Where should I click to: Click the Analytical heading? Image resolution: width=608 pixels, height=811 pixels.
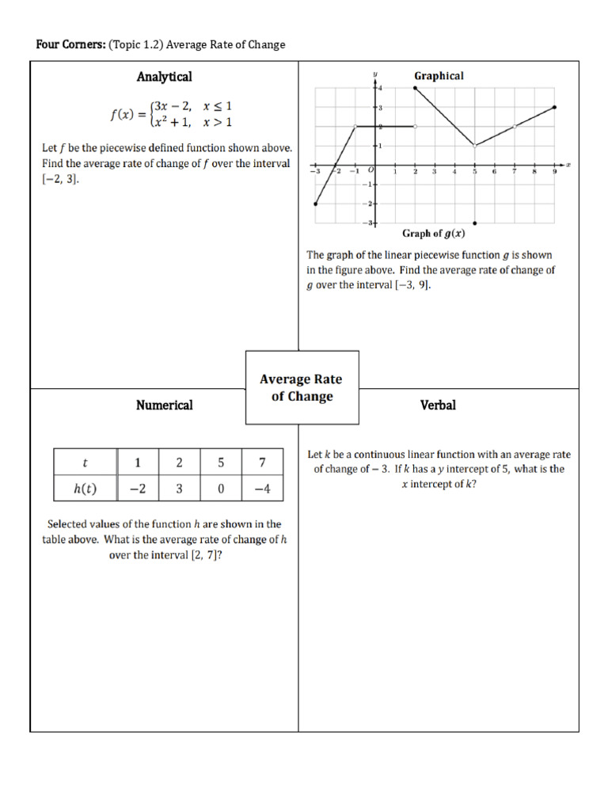coord(164,77)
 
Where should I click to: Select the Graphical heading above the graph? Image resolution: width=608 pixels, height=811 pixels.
coord(439,76)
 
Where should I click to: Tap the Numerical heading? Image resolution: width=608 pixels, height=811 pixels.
coord(164,405)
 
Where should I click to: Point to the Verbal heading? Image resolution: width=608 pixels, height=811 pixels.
coord(438,405)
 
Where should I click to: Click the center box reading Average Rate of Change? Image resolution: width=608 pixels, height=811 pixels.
coord(302,388)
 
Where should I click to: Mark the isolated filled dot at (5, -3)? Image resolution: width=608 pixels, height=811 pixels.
coord(474,223)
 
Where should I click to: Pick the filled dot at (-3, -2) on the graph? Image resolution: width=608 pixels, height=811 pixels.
coord(316,204)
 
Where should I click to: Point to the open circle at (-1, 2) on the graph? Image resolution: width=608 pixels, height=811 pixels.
coord(355,126)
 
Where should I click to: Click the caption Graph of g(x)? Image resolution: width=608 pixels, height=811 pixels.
coord(432,234)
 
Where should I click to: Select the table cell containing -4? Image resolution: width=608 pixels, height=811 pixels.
coord(263,489)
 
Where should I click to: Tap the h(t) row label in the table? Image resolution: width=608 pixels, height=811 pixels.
coord(85,489)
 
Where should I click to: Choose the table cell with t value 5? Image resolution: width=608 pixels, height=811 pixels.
coord(221,463)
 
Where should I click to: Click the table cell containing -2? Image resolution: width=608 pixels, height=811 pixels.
coord(138,489)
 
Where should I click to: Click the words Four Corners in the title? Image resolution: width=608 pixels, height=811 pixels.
coord(65,45)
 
